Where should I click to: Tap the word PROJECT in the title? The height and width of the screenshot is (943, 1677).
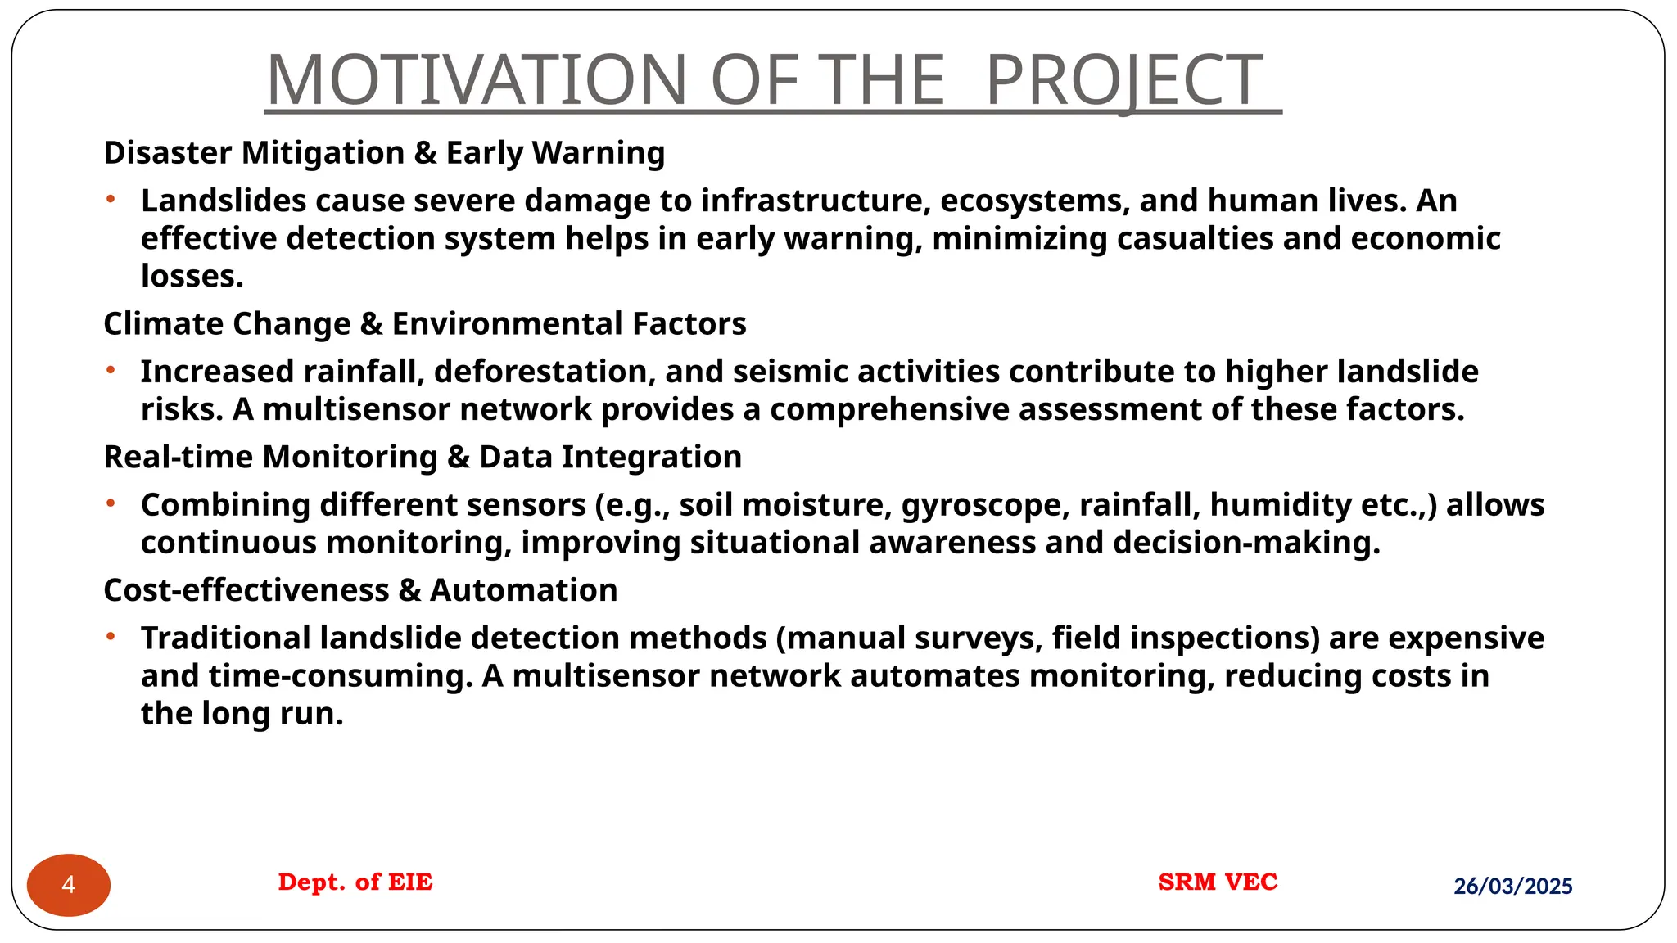click(x=1124, y=80)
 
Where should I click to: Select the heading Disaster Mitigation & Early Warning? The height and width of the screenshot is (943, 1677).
click(x=384, y=153)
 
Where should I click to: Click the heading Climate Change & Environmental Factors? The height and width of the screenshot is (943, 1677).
click(x=424, y=324)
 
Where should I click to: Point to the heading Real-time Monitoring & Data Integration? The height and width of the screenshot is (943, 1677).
click(x=423, y=457)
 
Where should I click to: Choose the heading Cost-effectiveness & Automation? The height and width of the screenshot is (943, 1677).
click(x=360, y=590)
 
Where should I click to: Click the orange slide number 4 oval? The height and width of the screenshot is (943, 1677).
click(x=69, y=885)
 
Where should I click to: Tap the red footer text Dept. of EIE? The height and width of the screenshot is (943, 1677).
click(x=355, y=882)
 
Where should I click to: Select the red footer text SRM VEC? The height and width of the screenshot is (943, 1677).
click(x=1218, y=882)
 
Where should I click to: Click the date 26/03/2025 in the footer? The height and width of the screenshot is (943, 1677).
click(x=1512, y=886)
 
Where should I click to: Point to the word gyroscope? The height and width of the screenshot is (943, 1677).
click(x=985, y=505)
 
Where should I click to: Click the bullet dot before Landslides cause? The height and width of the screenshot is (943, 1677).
click(x=110, y=199)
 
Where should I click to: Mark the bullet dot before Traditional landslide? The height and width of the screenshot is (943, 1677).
click(x=110, y=636)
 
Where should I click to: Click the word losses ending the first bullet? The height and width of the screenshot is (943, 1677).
click(x=192, y=277)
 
